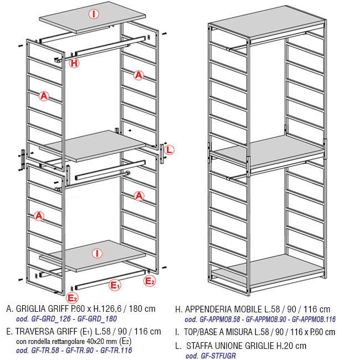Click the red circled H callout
(x=74, y=63)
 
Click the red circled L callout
(x=169, y=150)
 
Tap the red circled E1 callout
(x=115, y=285)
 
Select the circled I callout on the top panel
(x=94, y=14)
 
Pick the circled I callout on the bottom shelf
(x=97, y=254)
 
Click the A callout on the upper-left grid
(x=44, y=96)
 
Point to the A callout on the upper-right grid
(x=138, y=75)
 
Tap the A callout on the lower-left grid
(x=39, y=216)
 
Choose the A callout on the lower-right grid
(x=139, y=196)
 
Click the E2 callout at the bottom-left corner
(x=72, y=298)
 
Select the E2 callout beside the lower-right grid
(x=150, y=281)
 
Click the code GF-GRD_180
(x=97, y=319)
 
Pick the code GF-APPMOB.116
(x=313, y=319)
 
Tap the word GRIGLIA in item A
(x=31, y=308)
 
